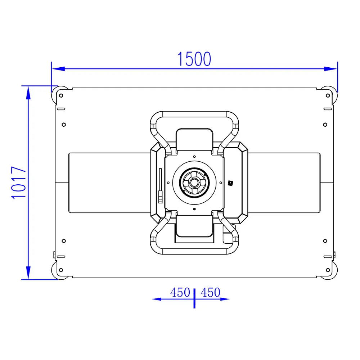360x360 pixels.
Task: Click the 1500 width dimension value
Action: [194, 59]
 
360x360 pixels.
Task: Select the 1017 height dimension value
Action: [18, 183]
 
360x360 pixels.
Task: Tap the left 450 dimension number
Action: [180, 292]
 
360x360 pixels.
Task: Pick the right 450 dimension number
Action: [210, 292]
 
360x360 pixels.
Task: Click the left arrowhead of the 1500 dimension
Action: [58, 69]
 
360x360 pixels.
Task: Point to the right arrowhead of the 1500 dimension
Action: [330, 69]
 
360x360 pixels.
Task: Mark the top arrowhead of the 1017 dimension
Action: [28, 93]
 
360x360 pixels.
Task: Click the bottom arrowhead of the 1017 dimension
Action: [28, 273]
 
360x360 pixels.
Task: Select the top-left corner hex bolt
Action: [61, 95]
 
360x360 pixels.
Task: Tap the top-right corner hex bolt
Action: [328, 95]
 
